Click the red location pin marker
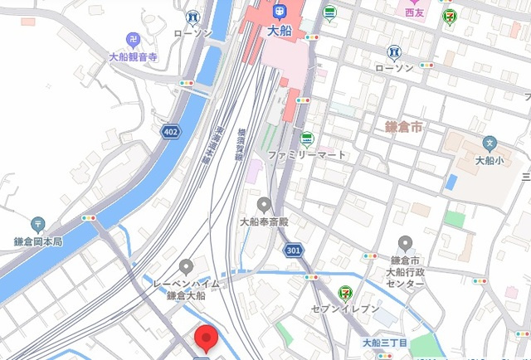coord(205,338)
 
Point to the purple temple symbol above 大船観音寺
coord(133,39)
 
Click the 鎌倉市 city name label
coord(404,127)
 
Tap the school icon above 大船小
coord(490,144)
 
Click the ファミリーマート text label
coord(307,155)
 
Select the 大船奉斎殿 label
coord(264,222)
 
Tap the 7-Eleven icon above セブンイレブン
coord(343,292)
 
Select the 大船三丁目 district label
coord(384,343)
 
